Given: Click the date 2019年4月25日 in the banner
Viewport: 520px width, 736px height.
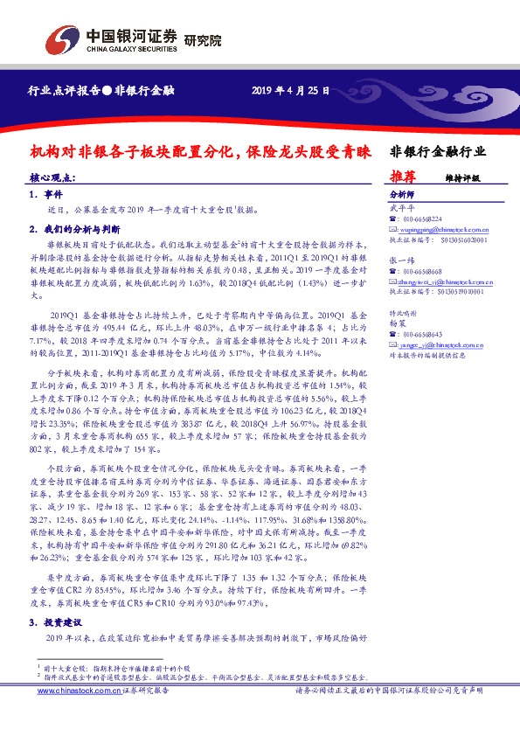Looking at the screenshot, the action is coord(291,90).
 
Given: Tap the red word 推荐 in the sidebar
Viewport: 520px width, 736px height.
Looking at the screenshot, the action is coord(402,176).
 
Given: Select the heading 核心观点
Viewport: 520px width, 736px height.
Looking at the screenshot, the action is coord(52,177).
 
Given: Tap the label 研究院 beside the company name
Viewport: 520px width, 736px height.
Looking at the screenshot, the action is coord(203,39).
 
